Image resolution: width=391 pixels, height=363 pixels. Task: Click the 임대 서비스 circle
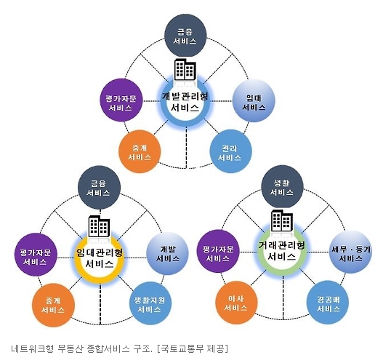click(x=254, y=101)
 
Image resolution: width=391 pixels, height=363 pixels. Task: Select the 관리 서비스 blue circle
click(x=230, y=151)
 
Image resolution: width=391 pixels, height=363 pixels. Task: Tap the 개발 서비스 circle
click(x=167, y=254)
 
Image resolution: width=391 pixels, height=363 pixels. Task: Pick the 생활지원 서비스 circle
click(x=150, y=303)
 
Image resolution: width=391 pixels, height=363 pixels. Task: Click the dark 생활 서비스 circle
click(x=282, y=187)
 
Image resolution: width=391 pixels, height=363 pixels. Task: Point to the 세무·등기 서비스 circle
click(x=350, y=252)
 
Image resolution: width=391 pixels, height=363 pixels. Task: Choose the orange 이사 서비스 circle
click(x=236, y=303)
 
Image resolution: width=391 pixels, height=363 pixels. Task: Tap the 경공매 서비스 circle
click(x=328, y=303)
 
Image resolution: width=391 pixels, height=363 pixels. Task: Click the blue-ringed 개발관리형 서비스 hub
click(x=185, y=101)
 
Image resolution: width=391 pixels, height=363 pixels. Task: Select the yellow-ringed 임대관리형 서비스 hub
click(x=100, y=258)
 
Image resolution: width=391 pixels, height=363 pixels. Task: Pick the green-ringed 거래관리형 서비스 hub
click(x=282, y=251)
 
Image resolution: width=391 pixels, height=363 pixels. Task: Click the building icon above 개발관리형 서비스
click(x=185, y=70)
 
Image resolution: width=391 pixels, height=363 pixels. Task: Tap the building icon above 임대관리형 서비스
click(x=100, y=226)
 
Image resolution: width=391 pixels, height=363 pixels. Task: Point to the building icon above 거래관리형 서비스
click(x=282, y=220)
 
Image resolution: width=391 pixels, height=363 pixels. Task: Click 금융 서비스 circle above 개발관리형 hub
click(x=185, y=36)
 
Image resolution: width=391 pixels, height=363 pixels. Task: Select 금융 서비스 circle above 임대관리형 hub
click(x=100, y=188)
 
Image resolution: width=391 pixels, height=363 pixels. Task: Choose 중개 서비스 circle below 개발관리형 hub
click(x=140, y=151)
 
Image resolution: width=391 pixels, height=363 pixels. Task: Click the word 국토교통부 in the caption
click(x=182, y=348)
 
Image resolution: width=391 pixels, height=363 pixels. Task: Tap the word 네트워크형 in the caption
click(x=33, y=348)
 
